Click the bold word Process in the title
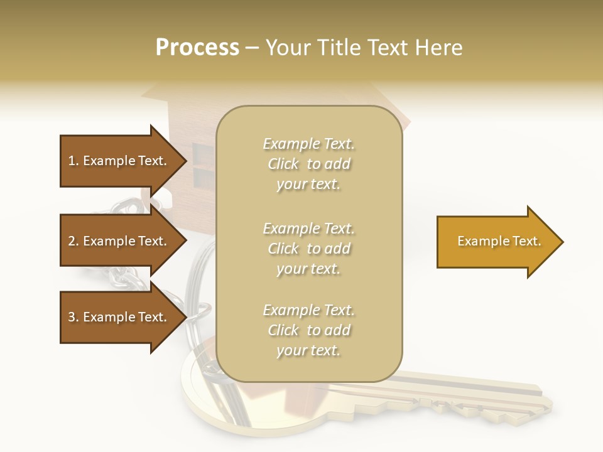pyautogui.click(x=197, y=48)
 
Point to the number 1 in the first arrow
pyautogui.click(x=72, y=161)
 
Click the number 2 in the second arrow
pyautogui.click(x=72, y=241)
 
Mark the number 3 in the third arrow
pyautogui.click(x=72, y=317)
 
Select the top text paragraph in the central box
pyautogui.click(x=308, y=164)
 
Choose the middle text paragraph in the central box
pyautogui.click(x=308, y=249)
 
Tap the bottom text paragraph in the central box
pyautogui.click(x=308, y=330)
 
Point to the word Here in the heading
pyautogui.click(x=439, y=48)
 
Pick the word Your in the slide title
pyautogui.click(x=288, y=48)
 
